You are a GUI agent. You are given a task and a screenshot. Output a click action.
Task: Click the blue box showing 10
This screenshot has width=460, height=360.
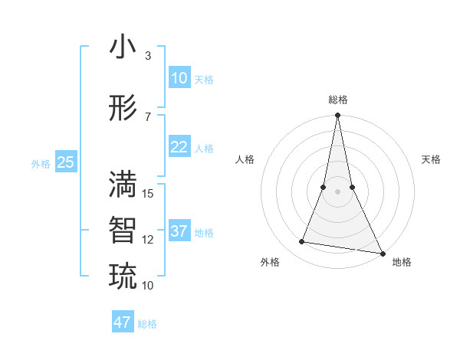click(x=179, y=78)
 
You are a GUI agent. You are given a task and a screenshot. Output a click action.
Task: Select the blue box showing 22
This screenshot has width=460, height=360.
click(x=179, y=147)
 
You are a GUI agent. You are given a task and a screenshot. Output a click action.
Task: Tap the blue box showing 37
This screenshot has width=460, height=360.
click(x=179, y=231)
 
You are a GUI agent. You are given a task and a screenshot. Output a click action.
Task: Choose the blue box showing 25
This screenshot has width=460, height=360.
click(x=65, y=162)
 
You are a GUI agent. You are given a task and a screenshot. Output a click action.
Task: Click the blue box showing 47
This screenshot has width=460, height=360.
click(x=122, y=322)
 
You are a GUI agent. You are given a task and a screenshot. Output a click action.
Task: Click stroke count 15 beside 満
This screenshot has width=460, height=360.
click(x=149, y=194)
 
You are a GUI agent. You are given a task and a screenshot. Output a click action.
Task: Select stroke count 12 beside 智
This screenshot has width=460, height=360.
click(x=149, y=240)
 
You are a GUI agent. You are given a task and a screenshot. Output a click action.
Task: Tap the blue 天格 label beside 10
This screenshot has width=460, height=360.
click(x=204, y=80)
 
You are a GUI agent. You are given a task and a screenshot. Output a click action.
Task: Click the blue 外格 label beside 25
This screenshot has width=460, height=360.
click(x=41, y=163)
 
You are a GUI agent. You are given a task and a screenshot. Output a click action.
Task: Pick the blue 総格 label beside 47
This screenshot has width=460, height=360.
click(x=147, y=324)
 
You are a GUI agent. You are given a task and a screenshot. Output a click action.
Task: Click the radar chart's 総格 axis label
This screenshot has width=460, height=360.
click(x=338, y=100)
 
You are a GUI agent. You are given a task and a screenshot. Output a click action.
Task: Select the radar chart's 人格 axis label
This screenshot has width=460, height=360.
click(x=245, y=159)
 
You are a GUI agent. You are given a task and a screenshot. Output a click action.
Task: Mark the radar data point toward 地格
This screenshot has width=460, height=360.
click(x=381, y=253)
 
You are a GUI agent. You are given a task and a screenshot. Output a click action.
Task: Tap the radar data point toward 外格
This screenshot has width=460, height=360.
click(x=302, y=242)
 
